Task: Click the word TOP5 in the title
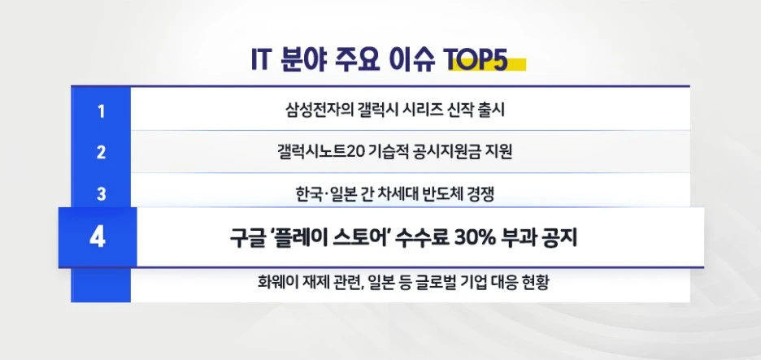(x=476, y=62)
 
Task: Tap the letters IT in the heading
(x=262, y=62)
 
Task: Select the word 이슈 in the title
(x=411, y=62)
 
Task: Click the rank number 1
(x=101, y=111)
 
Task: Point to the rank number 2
(x=101, y=152)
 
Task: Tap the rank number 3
(x=101, y=193)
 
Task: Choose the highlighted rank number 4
(x=98, y=238)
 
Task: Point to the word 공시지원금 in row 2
(x=438, y=152)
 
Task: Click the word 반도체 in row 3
(x=441, y=193)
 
